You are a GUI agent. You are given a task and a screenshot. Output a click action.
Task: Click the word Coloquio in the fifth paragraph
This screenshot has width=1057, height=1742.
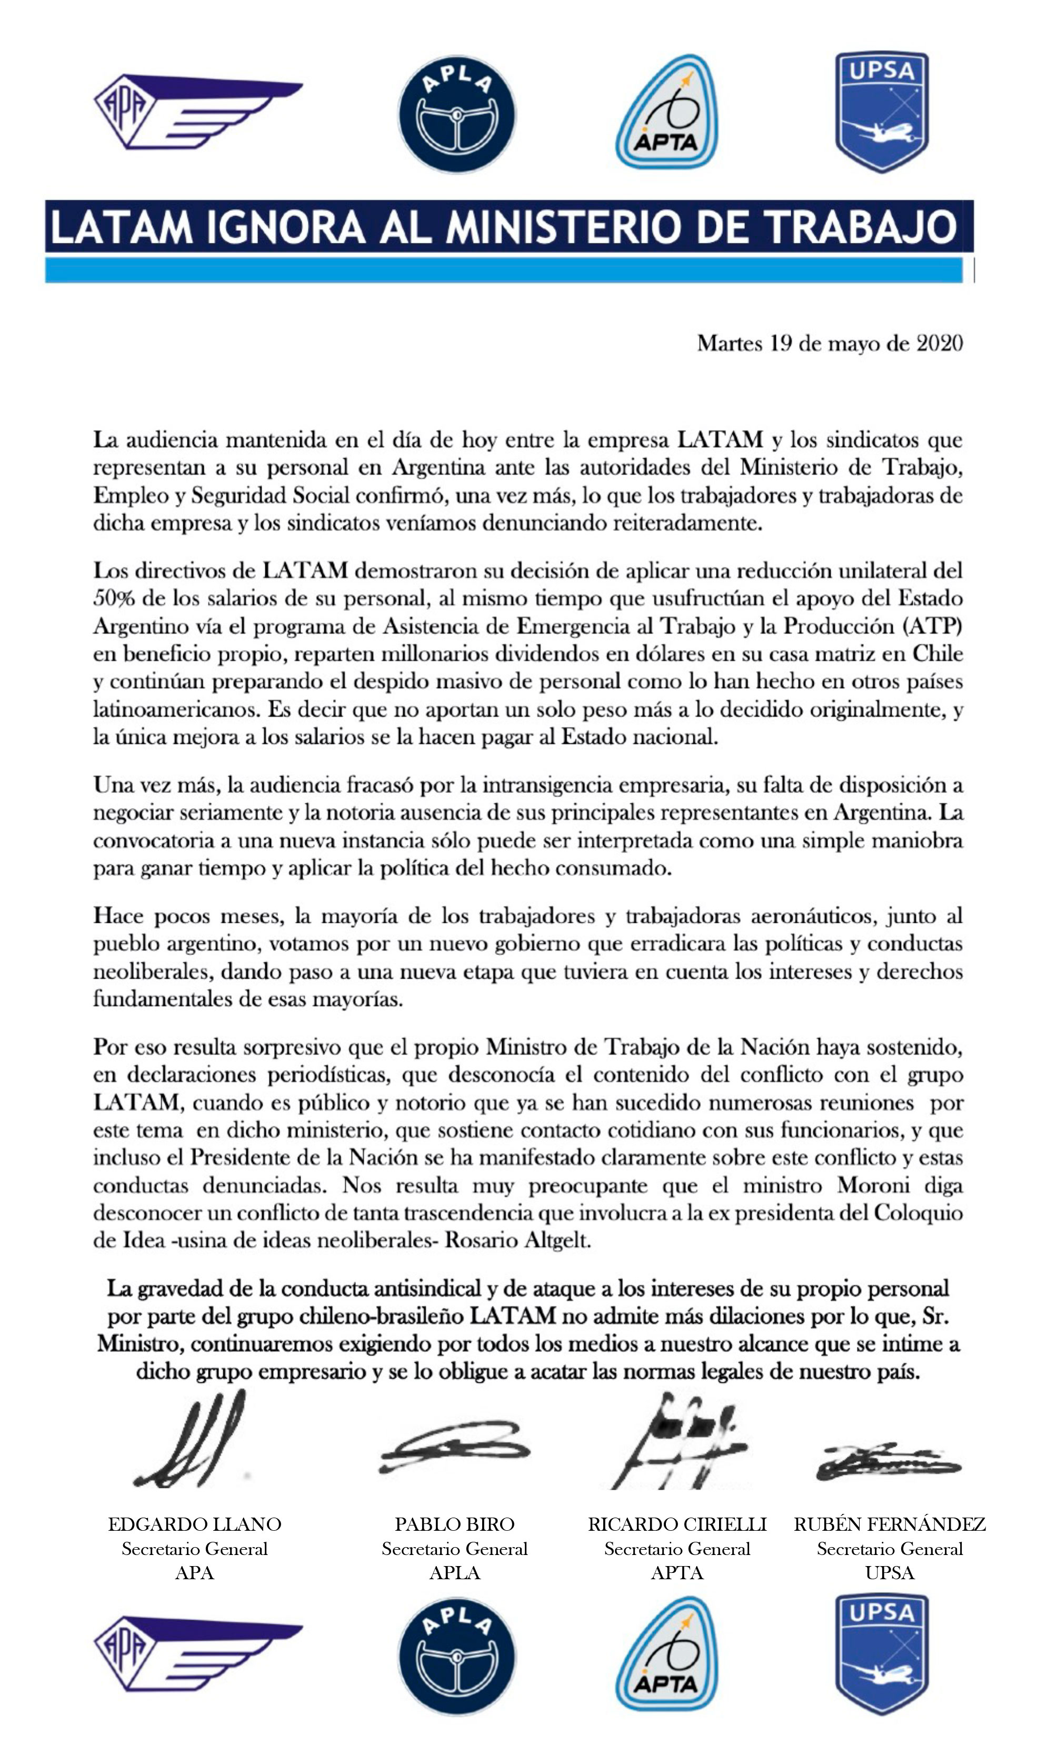pyautogui.click(x=918, y=1213)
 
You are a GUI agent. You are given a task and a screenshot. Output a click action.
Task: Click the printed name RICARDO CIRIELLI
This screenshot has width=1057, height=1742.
pyautogui.click(x=677, y=1525)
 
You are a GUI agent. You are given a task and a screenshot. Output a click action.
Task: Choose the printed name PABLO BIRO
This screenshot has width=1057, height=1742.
pyautogui.click(x=454, y=1525)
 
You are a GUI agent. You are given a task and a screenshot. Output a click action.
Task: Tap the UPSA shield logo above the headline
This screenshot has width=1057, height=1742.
pyautogui.click(x=882, y=111)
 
